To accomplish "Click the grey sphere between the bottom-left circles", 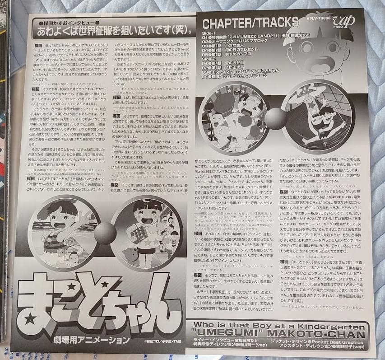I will coord(105,235).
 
